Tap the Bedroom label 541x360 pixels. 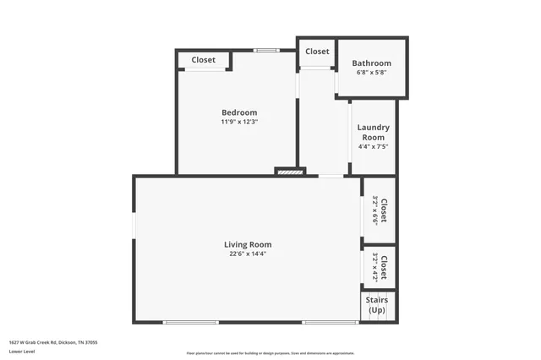point(239,112)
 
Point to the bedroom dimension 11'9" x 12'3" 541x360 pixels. point(239,122)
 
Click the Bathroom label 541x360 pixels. point(372,63)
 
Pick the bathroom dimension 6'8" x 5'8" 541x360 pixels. point(372,73)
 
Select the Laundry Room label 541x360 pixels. point(373,132)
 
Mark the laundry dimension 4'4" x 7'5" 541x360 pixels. point(373,146)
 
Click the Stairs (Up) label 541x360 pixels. point(376,304)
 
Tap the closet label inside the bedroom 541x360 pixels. point(203,60)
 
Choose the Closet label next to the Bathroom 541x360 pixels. point(317,52)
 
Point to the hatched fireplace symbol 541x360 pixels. point(288,172)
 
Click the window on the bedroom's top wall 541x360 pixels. point(267,51)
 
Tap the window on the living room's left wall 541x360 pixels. point(134,229)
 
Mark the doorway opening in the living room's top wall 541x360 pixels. point(331,176)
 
